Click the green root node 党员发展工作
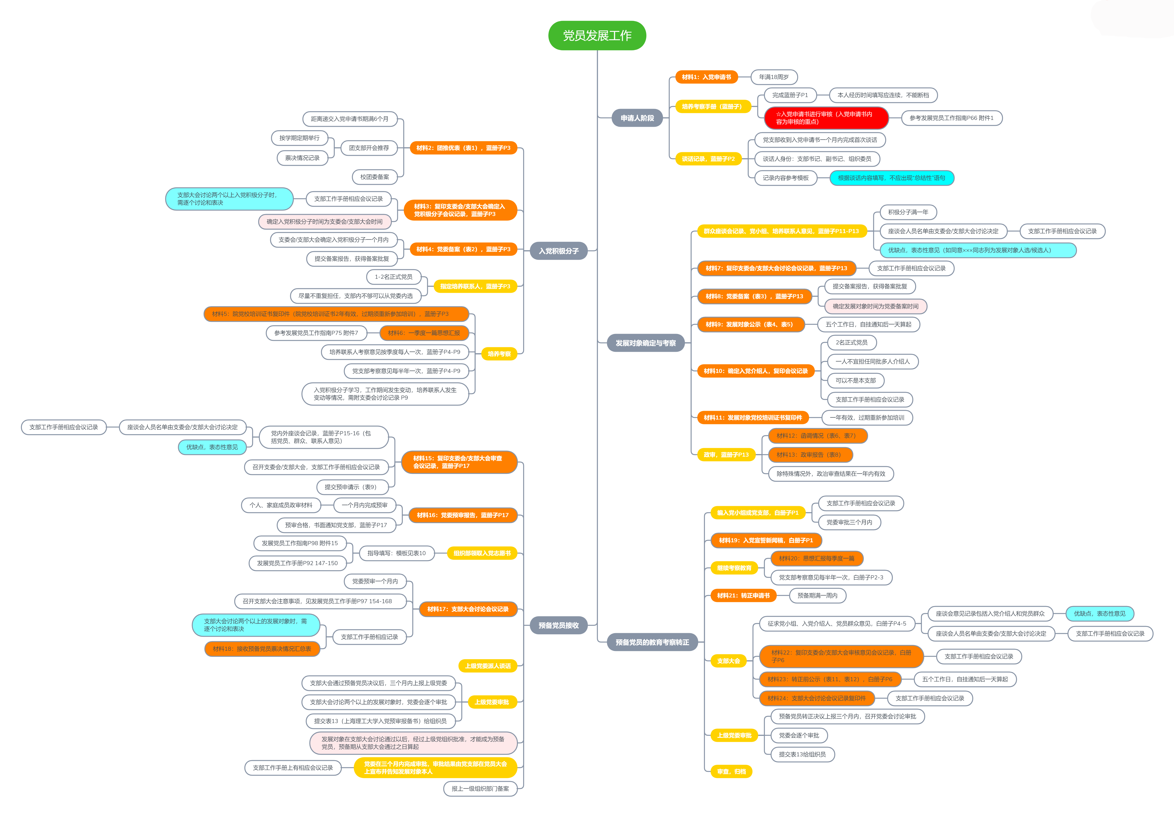click(x=597, y=35)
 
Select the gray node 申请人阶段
click(x=637, y=118)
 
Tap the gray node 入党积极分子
click(x=558, y=251)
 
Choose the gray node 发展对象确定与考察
click(x=645, y=343)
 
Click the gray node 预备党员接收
click(x=558, y=625)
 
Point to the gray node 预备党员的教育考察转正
click(x=652, y=642)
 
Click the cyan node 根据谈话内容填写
click(x=891, y=178)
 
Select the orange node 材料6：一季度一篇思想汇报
click(x=424, y=333)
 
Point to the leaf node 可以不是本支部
click(x=855, y=380)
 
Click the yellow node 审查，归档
click(x=731, y=772)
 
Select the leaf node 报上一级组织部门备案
click(x=480, y=788)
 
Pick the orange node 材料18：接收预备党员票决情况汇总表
click(x=262, y=649)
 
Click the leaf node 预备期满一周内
click(x=817, y=596)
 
